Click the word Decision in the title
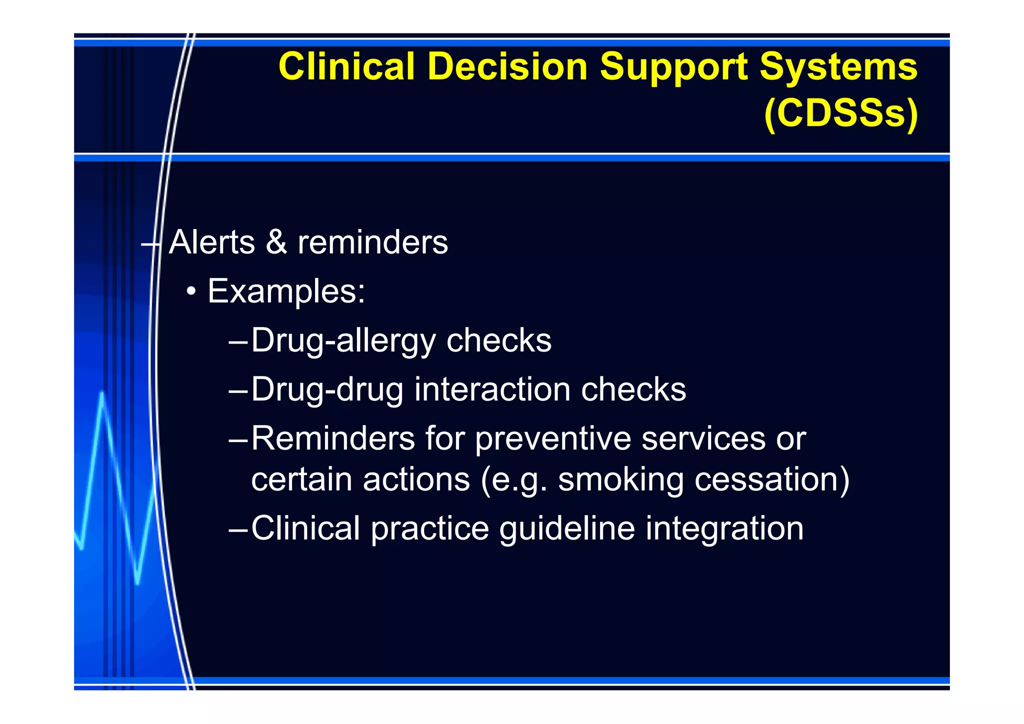pos(507,66)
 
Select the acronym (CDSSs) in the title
pos(841,113)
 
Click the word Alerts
pos(212,242)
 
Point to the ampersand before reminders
pos(276,242)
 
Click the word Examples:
pos(286,291)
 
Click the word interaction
pos(492,389)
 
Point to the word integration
pos(724,529)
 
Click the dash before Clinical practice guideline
pos(238,529)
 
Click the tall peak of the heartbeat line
pos(102,395)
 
